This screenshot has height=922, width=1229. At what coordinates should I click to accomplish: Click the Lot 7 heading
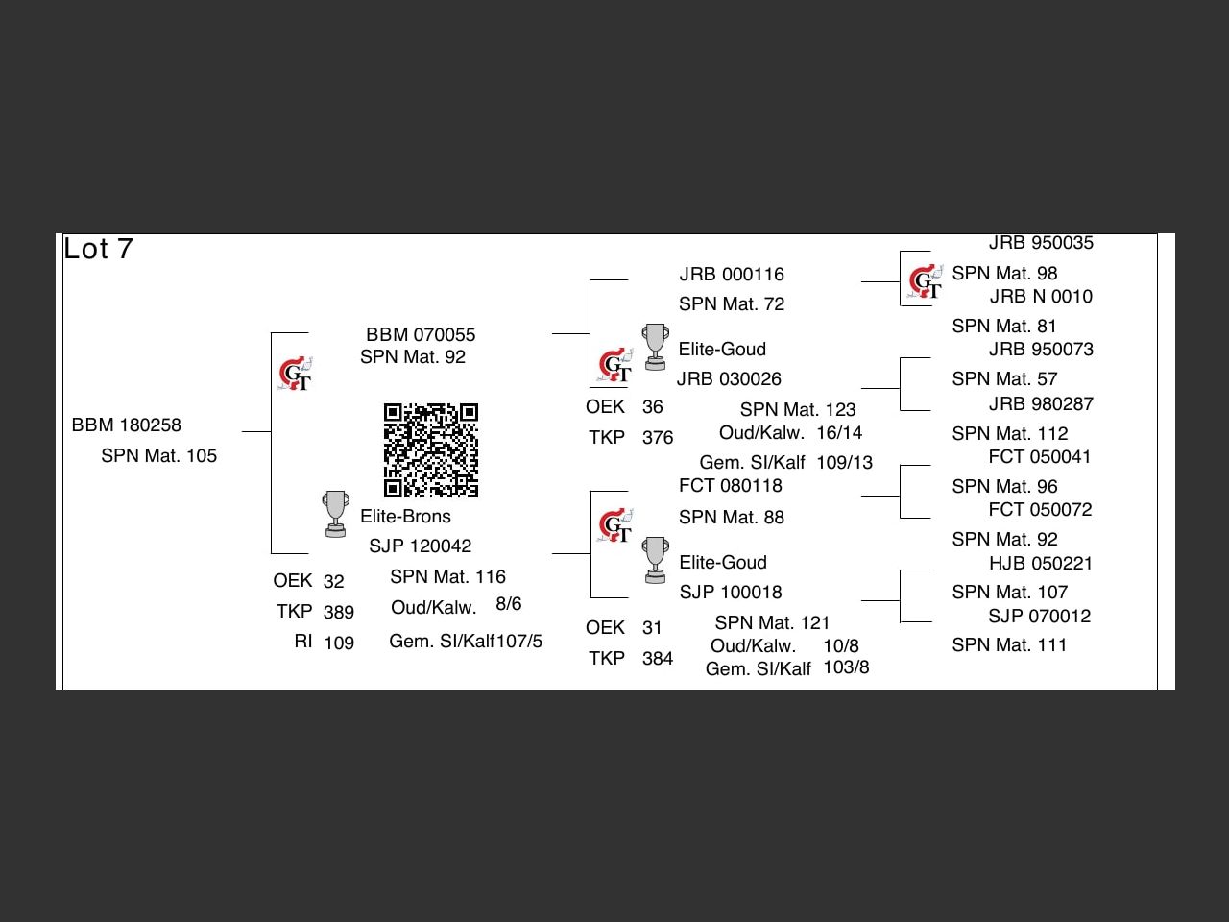click(98, 250)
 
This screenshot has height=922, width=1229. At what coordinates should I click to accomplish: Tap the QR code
click(431, 450)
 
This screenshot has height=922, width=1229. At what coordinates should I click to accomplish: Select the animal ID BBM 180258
click(127, 425)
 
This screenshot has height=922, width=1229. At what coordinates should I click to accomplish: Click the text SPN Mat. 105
click(159, 456)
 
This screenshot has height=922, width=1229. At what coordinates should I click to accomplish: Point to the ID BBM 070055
click(421, 335)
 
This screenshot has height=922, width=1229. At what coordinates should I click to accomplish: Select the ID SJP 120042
click(421, 546)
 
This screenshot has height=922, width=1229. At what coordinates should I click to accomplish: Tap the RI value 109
click(339, 643)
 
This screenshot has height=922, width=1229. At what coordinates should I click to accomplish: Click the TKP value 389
click(339, 613)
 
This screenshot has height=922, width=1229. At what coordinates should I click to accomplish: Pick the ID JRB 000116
click(732, 275)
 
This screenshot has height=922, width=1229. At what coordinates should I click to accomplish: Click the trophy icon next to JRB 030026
click(656, 347)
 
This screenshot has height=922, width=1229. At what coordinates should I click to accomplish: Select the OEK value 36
click(653, 407)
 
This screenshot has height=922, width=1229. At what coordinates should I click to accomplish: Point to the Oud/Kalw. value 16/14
click(839, 433)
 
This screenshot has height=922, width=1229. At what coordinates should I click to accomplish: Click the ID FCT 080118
click(731, 486)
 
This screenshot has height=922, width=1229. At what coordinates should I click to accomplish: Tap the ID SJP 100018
click(731, 593)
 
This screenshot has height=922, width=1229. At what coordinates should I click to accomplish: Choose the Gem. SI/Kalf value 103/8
click(846, 667)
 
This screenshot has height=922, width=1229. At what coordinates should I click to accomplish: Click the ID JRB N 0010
click(1041, 297)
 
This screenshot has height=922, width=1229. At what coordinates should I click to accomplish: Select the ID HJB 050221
click(1041, 564)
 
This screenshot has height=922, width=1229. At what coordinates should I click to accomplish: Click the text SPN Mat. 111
click(1009, 645)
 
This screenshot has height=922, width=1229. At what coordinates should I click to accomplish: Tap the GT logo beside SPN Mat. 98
click(926, 281)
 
